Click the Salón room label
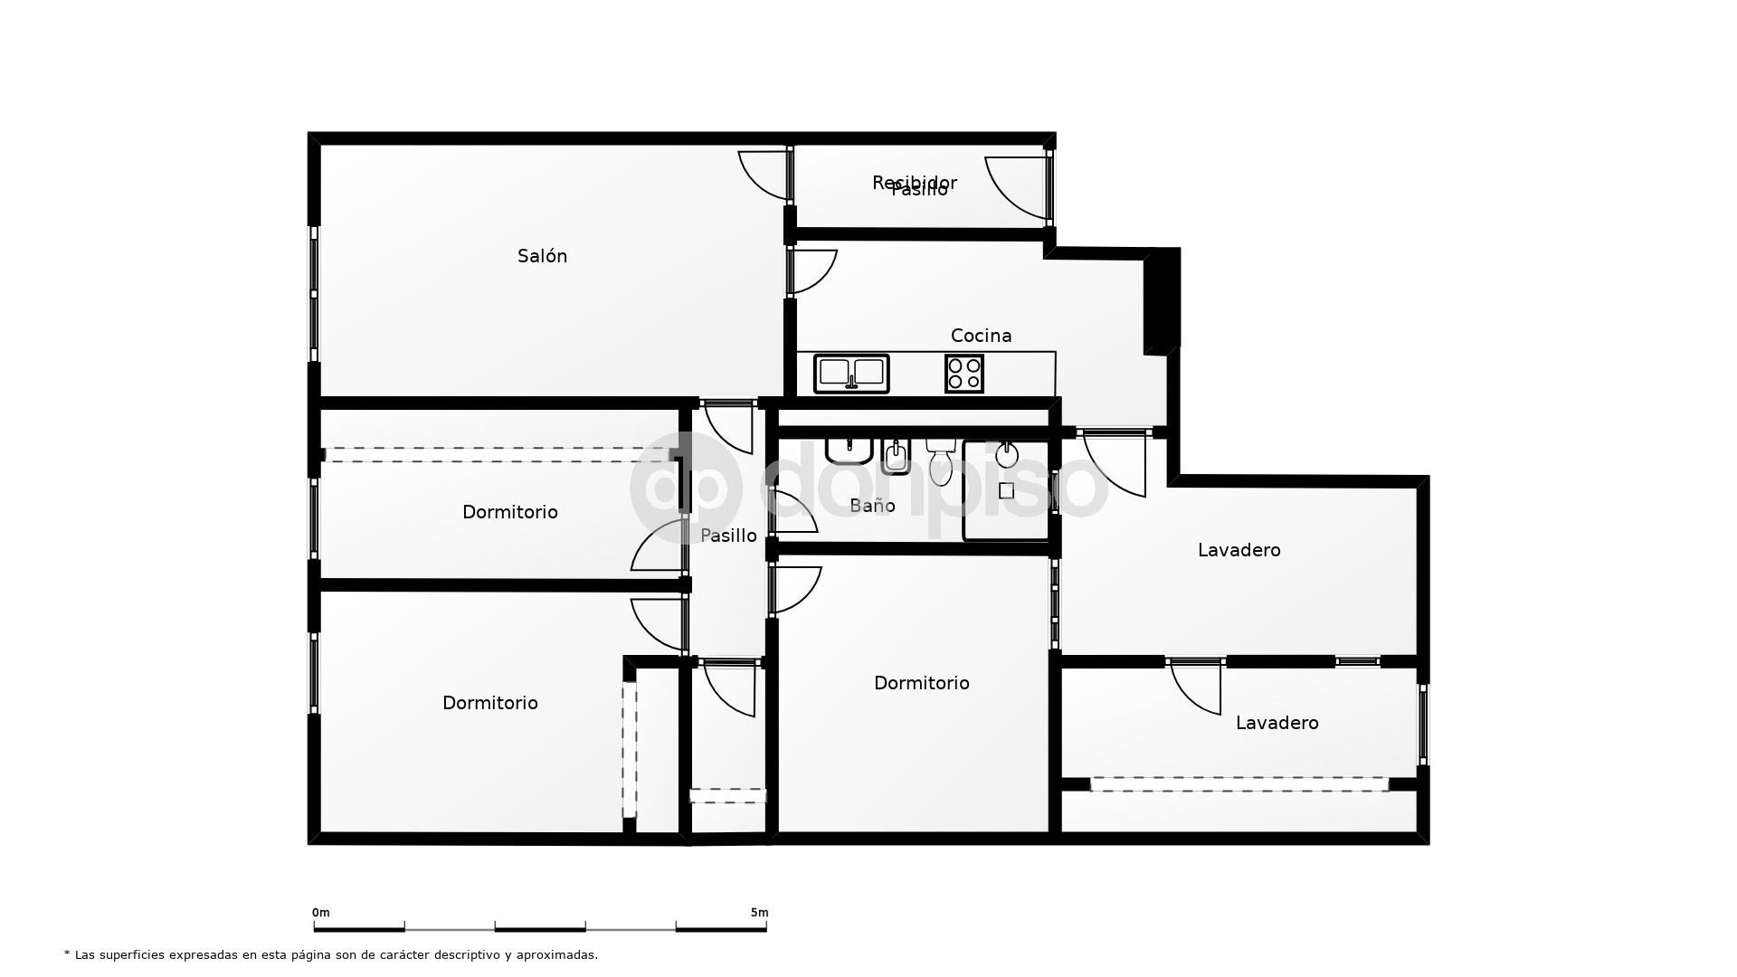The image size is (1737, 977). click(542, 256)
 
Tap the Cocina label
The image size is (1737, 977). click(981, 336)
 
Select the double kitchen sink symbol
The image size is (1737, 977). click(851, 374)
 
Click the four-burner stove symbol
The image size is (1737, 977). click(964, 374)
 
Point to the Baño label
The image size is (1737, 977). click(872, 506)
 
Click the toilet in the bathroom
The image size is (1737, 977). click(941, 461)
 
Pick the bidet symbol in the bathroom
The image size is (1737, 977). click(896, 457)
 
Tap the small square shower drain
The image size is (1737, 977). click(1006, 491)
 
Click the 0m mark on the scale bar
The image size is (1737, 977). click(320, 913)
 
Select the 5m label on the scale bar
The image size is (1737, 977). click(759, 913)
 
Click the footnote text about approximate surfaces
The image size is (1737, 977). click(331, 954)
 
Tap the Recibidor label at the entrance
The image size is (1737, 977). click(914, 182)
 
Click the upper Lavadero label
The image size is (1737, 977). click(1239, 550)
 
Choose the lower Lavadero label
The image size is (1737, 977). click(1277, 723)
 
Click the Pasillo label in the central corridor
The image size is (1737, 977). click(728, 536)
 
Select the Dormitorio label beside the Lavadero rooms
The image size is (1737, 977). click(921, 683)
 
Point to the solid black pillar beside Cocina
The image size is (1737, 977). click(1163, 300)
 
